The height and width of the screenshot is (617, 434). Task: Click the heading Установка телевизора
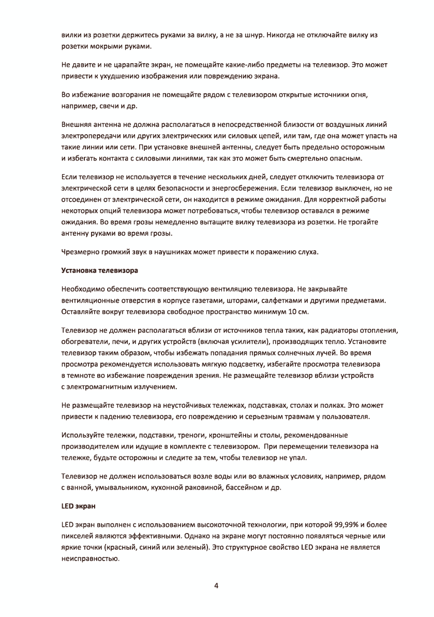coord(99,270)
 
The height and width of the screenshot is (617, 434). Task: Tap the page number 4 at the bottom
coord(216,586)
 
